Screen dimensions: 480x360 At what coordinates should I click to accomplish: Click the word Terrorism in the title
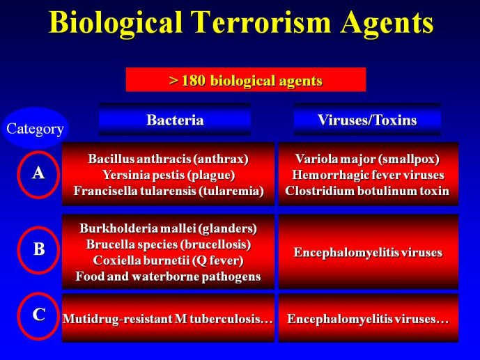click(x=262, y=22)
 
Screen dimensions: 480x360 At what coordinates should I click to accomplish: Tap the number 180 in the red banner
click(x=193, y=81)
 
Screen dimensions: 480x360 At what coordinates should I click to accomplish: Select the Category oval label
click(x=36, y=128)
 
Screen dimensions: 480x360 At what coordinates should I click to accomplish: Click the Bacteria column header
click(x=175, y=120)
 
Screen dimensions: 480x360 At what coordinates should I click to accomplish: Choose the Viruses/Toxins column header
click(x=367, y=120)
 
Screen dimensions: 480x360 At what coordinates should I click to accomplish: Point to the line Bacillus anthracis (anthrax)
click(x=168, y=159)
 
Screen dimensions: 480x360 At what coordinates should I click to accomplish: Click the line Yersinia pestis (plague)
click(x=169, y=175)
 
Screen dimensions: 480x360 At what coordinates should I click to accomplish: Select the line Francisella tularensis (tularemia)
click(x=169, y=191)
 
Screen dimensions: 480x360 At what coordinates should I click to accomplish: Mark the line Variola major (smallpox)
click(x=367, y=159)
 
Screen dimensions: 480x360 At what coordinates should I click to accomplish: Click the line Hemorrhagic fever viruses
click(x=368, y=175)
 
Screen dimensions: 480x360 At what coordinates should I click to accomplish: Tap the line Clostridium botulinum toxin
click(x=367, y=191)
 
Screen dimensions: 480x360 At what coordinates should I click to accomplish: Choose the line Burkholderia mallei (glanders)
click(x=168, y=228)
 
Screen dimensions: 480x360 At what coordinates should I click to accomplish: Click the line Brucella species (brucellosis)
click(x=169, y=244)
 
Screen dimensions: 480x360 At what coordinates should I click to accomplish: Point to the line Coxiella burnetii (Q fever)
click(x=168, y=260)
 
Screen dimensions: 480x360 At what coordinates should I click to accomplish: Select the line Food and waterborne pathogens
click(x=168, y=276)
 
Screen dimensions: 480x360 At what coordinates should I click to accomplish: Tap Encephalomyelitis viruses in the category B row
click(x=368, y=253)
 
